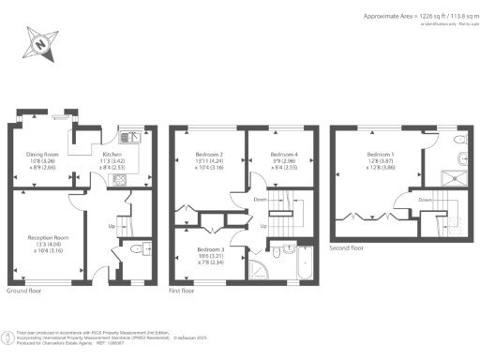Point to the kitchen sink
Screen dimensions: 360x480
[x=136, y=138]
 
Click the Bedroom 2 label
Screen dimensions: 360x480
[x=208, y=154]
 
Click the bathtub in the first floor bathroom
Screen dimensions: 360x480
[x=306, y=263]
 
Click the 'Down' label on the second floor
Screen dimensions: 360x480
[x=425, y=200]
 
